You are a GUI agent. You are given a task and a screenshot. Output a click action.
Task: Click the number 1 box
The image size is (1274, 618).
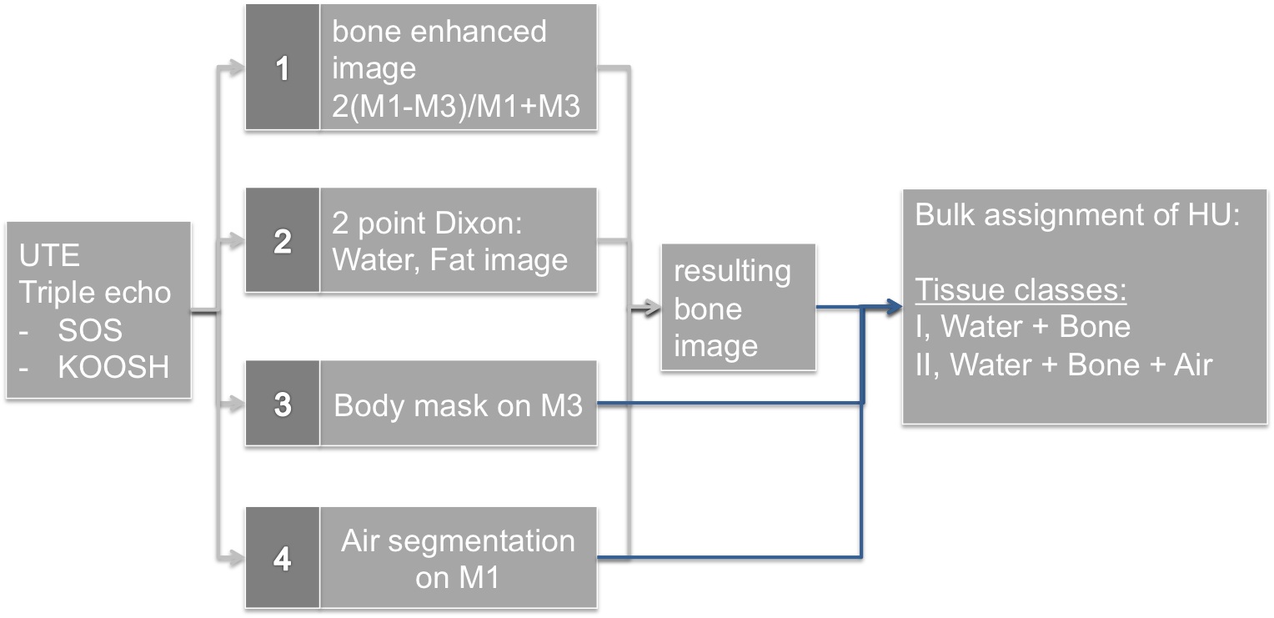pos(283,68)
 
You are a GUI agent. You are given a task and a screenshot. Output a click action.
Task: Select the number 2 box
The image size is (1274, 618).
pos(283,241)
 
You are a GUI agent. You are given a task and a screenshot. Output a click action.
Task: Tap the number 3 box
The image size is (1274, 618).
pos(283,404)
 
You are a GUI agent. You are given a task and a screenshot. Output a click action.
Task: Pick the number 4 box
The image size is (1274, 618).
pos(283,558)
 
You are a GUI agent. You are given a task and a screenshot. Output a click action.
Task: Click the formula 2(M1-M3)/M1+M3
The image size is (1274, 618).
pos(456,107)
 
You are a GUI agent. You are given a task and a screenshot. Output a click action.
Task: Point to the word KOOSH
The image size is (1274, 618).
pos(113,366)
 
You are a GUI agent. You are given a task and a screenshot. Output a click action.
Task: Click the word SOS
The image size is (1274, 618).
pos(90,330)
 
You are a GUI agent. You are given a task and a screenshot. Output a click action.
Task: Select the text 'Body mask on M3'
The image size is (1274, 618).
pos(458,405)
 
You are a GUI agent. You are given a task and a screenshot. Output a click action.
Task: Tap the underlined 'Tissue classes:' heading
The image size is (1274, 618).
pos(1021,289)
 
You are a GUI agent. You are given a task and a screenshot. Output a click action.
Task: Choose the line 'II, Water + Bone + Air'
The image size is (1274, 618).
pos(1063,364)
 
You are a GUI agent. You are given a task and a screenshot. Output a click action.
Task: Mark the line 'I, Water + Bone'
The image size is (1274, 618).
pos(1023,327)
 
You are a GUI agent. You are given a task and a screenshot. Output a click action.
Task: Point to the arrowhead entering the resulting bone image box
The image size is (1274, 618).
pos(654,309)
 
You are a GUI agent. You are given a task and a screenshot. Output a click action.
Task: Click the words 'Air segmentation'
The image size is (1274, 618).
pos(458,541)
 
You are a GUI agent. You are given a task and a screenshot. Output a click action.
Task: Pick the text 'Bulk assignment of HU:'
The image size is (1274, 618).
pos(1079,215)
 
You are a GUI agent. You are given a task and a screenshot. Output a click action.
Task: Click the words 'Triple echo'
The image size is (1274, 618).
pos(95,293)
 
